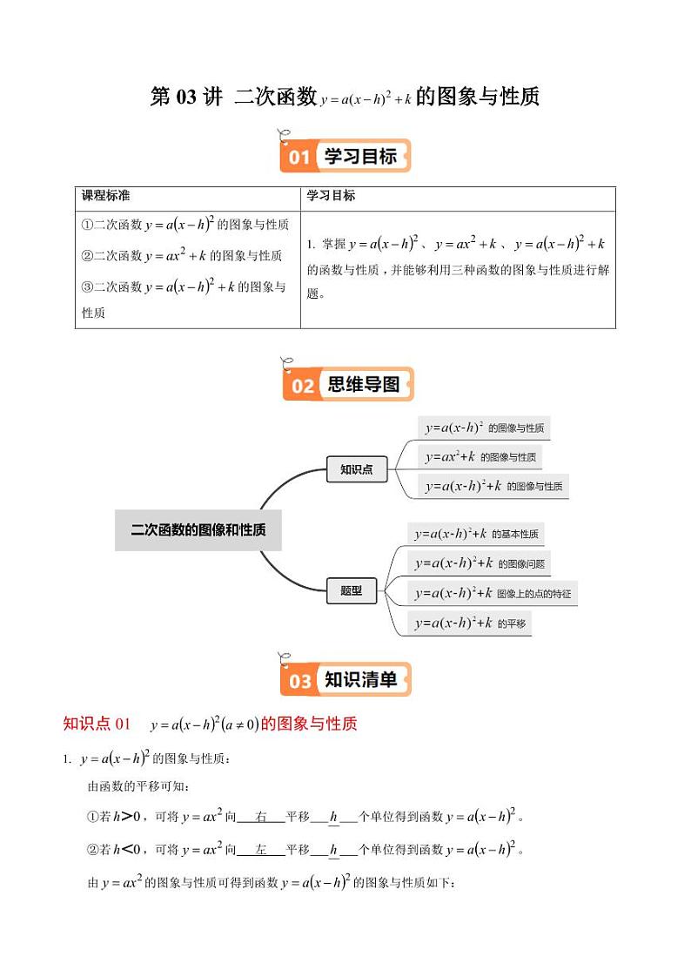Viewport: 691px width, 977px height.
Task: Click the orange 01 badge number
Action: pyautogui.click(x=299, y=158)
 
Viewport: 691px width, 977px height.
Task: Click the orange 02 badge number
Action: pyautogui.click(x=301, y=385)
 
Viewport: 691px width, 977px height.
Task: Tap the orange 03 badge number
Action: pyautogui.click(x=300, y=681)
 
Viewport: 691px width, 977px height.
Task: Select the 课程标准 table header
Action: pyautogui.click(x=105, y=196)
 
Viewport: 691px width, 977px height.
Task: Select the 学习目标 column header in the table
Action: pyautogui.click(x=331, y=196)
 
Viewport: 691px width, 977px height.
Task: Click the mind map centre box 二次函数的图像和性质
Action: pyautogui.click(x=198, y=529)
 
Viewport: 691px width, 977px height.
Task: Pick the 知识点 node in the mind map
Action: pyautogui.click(x=356, y=469)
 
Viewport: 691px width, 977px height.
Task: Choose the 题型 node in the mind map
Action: pyautogui.click(x=351, y=591)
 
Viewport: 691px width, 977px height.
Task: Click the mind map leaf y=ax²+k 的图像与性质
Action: pyautogui.click(x=480, y=456)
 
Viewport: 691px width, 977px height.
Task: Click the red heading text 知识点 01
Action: pyautogui.click(x=97, y=724)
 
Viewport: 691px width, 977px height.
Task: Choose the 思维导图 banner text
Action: pyautogui.click(x=363, y=384)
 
